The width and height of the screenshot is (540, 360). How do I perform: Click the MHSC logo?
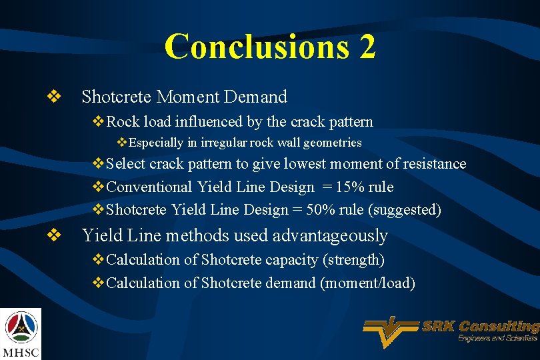pyautogui.click(x=21, y=333)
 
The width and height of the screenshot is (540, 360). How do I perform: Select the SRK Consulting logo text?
pyautogui.click(x=480, y=327)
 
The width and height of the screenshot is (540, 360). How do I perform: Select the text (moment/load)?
pyautogui.click(x=368, y=283)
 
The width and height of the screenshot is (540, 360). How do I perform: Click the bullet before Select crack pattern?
pyautogui.click(x=98, y=164)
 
